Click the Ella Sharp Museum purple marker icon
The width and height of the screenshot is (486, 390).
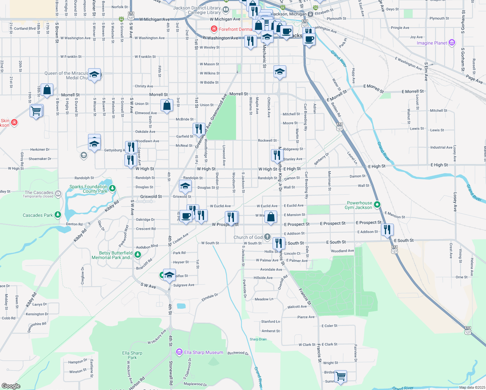(179, 352)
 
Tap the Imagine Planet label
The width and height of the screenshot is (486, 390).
(432, 43)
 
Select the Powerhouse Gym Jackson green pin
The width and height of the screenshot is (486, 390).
(377, 205)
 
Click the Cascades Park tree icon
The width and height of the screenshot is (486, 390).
(58, 215)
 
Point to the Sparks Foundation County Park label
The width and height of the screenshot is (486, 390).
(88, 189)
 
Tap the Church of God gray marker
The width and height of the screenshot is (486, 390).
(267, 237)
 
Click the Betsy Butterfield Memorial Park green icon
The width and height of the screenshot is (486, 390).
(137, 254)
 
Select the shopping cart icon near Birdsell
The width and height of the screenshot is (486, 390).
(340, 376)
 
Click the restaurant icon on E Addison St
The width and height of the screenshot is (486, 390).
(387, 229)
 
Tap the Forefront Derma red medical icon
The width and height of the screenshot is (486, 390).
(214, 29)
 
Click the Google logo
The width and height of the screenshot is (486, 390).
(11, 386)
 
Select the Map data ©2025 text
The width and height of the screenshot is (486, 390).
(472, 387)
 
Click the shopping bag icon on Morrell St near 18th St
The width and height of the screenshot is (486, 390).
(47, 90)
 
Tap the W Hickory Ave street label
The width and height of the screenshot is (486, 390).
(157, 337)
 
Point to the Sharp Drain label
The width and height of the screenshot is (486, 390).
(258, 339)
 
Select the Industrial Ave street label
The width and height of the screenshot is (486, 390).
(441, 147)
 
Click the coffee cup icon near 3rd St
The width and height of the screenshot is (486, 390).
(186, 216)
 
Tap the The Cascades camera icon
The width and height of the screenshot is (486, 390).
(58, 194)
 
